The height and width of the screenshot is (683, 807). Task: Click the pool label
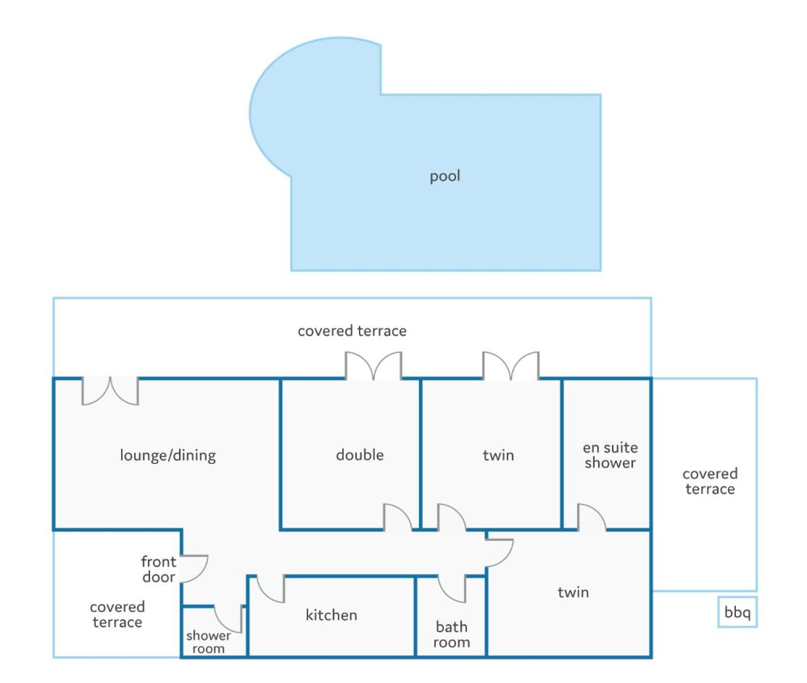click(444, 176)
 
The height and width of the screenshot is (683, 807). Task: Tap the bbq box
click(737, 612)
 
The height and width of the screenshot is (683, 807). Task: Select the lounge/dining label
click(167, 455)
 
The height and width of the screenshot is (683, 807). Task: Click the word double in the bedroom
click(360, 455)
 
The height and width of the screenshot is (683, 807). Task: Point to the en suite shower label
click(611, 455)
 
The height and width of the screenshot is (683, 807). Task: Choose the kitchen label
click(331, 615)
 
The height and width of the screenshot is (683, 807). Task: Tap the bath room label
click(452, 634)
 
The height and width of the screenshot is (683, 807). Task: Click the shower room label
click(208, 642)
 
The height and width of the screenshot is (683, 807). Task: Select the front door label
click(159, 568)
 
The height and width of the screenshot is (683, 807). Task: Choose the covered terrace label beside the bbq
click(710, 481)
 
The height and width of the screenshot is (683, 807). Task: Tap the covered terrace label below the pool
click(352, 331)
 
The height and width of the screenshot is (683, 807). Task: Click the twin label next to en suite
click(498, 455)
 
